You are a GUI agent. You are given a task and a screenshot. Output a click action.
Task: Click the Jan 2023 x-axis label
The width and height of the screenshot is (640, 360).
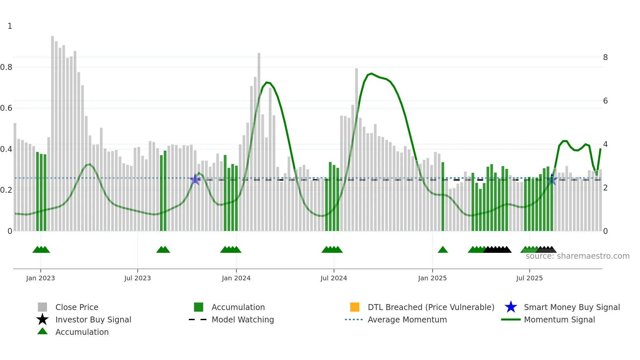pyautogui.click(x=40, y=278)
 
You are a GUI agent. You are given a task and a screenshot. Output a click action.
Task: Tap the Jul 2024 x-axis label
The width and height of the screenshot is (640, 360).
pyautogui.click(x=334, y=278)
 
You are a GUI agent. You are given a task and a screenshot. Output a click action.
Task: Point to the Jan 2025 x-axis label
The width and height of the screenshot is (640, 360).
pyautogui.click(x=432, y=278)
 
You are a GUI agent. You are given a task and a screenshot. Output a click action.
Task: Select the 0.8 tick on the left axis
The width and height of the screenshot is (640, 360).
pyautogui.click(x=7, y=67)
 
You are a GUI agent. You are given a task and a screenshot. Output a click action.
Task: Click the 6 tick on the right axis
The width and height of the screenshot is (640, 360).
pyautogui.click(x=605, y=101)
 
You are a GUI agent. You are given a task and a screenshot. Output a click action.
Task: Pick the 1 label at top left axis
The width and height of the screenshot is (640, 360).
pyautogui.click(x=10, y=26)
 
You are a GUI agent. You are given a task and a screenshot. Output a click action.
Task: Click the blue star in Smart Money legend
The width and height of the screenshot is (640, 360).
pyautogui.click(x=511, y=307)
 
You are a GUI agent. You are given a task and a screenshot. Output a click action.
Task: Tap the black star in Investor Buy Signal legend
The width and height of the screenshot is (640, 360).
pyautogui.click(x=42, y=319)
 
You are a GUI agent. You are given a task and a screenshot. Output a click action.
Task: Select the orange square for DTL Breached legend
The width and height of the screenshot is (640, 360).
pyautogui.click(x=355, y=307)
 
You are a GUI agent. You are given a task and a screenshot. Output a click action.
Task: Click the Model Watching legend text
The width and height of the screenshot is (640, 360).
pyautogui.click(x=243, y=319)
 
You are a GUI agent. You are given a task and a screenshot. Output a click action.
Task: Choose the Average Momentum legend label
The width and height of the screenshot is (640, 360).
pyautogui.click(x=407, y=319)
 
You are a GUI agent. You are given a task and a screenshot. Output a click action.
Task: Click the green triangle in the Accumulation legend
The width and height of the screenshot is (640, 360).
pyautogui.click(x=42, y=331)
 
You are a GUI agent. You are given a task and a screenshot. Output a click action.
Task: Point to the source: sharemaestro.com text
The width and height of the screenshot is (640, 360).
pyautogui.click(x=577, y=256)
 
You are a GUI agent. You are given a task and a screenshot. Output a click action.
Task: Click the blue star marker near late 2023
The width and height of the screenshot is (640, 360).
pyautogui.click(x=195, y=179)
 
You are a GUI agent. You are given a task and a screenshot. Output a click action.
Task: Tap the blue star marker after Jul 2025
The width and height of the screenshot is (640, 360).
pyautogui.click(x=552, y=179)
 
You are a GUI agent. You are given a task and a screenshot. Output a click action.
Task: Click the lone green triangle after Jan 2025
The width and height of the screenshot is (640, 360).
pyautogui.click(x=443, y=250)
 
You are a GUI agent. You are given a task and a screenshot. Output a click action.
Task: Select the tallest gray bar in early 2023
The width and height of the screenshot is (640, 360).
pyautogui.click(x=53, y=131)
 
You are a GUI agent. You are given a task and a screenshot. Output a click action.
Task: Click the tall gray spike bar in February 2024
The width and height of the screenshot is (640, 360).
pyautogui.click(x=259, y=140)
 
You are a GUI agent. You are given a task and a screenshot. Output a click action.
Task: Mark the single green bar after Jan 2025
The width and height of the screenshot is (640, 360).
pyautogui.click(x=443, y=196)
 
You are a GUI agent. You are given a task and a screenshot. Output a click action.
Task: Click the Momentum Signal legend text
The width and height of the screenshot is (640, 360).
pyautogui.click(x=559, y=319)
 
